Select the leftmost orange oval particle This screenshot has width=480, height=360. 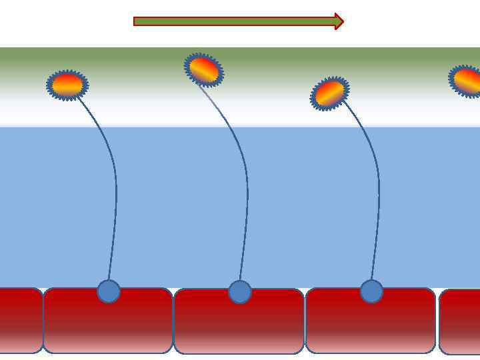(67, 85)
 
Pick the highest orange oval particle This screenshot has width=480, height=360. (204, 69)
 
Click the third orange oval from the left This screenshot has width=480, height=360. (329, 93)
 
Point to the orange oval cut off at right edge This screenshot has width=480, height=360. (467, 81)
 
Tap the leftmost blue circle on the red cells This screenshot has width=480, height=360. (109, 291)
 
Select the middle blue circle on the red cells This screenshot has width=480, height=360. (240, 292)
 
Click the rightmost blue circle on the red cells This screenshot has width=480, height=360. (371, 291)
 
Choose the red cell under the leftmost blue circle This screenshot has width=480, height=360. (108, 327)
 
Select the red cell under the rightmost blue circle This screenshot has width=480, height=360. (371, 327)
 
